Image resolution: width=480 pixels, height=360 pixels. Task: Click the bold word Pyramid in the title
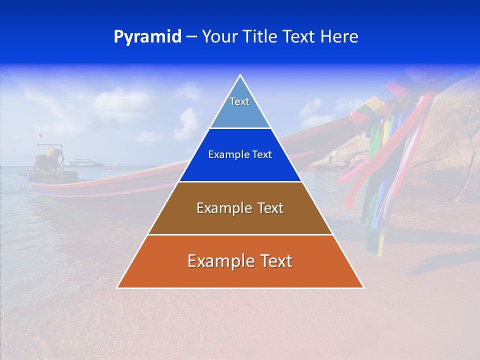147,37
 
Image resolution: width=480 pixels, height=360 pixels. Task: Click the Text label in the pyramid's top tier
239,101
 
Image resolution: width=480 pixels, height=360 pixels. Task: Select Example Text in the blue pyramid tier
240,154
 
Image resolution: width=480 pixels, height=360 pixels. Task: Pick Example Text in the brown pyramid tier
240,208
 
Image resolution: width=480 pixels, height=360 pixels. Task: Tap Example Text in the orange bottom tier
240,261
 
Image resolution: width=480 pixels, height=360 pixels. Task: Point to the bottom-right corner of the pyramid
363,287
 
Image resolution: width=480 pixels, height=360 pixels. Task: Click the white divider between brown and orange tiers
240,234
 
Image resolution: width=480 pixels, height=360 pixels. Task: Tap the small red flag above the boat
40,135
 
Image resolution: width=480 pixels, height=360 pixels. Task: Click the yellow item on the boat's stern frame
51,151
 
